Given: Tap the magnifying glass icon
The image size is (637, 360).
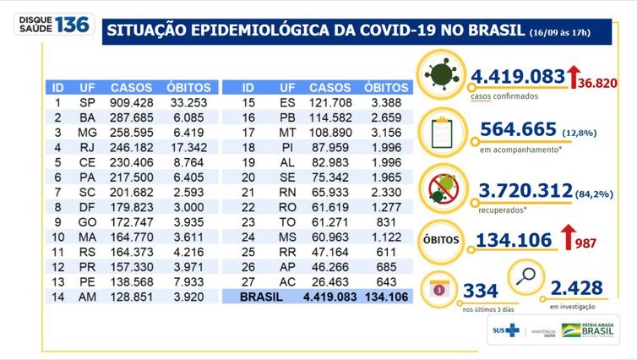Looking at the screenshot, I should (525, 276).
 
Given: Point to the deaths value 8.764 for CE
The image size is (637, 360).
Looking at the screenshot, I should (190, 172).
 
